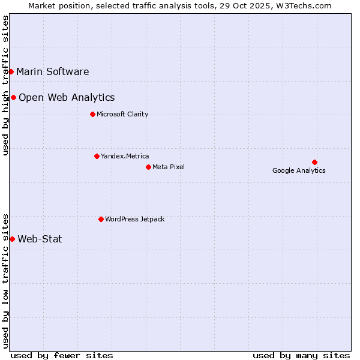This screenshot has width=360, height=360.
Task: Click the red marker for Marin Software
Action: (11, 71)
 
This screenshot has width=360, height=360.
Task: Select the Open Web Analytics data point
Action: (13, 97)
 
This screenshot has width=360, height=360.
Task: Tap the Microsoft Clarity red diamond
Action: (92, 114)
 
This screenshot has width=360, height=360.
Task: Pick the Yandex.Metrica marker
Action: (97, 156)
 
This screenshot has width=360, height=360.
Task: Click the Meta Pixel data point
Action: (148, 167)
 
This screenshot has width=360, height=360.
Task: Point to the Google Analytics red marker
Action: (314, 162)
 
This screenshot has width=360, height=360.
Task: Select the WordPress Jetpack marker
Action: (101, 219)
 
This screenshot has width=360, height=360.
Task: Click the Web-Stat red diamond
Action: (12, 239)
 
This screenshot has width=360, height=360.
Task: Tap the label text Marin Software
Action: (53, 72)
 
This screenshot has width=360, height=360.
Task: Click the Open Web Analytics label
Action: (67, 98)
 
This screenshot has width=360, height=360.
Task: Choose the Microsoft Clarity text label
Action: (122, 115)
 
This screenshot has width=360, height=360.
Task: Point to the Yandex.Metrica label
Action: (125, 157)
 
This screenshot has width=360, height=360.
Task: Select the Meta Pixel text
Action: (169, 167)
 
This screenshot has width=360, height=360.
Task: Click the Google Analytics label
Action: (299, 171)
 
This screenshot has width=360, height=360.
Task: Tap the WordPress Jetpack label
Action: (134, 220)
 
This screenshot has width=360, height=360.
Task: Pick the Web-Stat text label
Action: (40, 239)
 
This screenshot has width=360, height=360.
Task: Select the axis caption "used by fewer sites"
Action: (62, 355)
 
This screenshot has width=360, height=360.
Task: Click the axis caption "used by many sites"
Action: (301, 355)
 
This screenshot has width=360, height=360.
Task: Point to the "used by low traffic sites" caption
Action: (6, 281)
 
